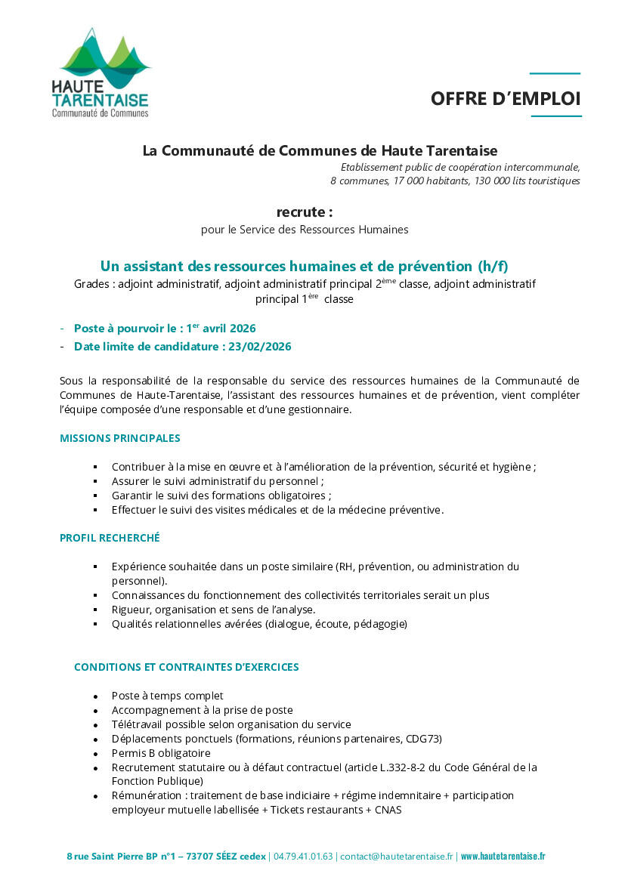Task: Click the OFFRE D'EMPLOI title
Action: (506, 98)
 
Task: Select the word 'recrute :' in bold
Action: (304, 212)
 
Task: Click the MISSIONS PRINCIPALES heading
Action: (120, 438)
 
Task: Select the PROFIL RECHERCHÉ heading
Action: (110, 538)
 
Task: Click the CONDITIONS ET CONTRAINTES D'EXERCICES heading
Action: (186, 667)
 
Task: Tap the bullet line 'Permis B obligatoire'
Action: (161, 753)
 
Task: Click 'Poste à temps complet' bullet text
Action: (167, 696)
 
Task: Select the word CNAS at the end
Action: (388, 810)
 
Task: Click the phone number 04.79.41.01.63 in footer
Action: (303, 857)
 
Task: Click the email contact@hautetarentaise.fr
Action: (396, 857)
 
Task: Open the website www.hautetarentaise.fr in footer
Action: (503, 857)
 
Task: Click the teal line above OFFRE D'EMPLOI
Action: (555, 73)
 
